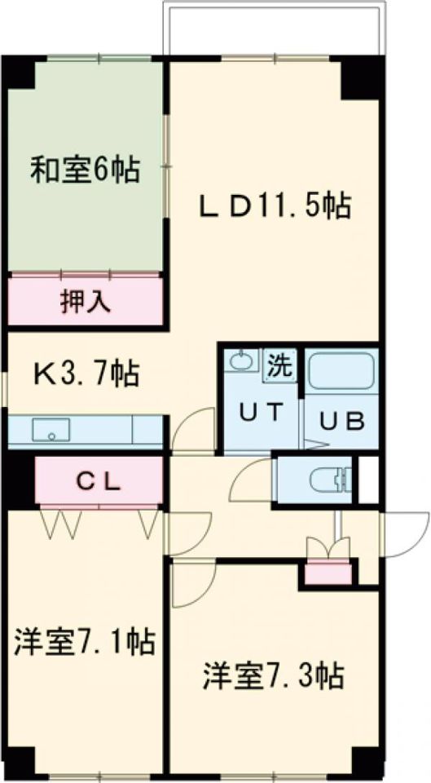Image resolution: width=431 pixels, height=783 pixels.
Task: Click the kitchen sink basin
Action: pyautogui.click(x=51, y=429)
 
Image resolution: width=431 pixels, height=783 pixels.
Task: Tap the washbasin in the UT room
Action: pyautogui.click(x=240, y=361)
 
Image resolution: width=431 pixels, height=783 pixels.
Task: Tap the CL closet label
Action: pyautogui.click(x=99, y=480)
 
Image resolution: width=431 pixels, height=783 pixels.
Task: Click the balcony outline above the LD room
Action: pyautogui.click(x=272, y=29)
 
